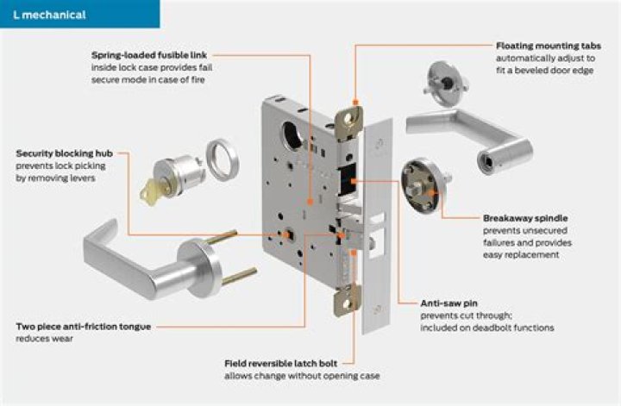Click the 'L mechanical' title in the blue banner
coord(49,15)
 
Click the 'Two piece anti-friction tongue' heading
coord(85,328)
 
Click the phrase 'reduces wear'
coord(44,340)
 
